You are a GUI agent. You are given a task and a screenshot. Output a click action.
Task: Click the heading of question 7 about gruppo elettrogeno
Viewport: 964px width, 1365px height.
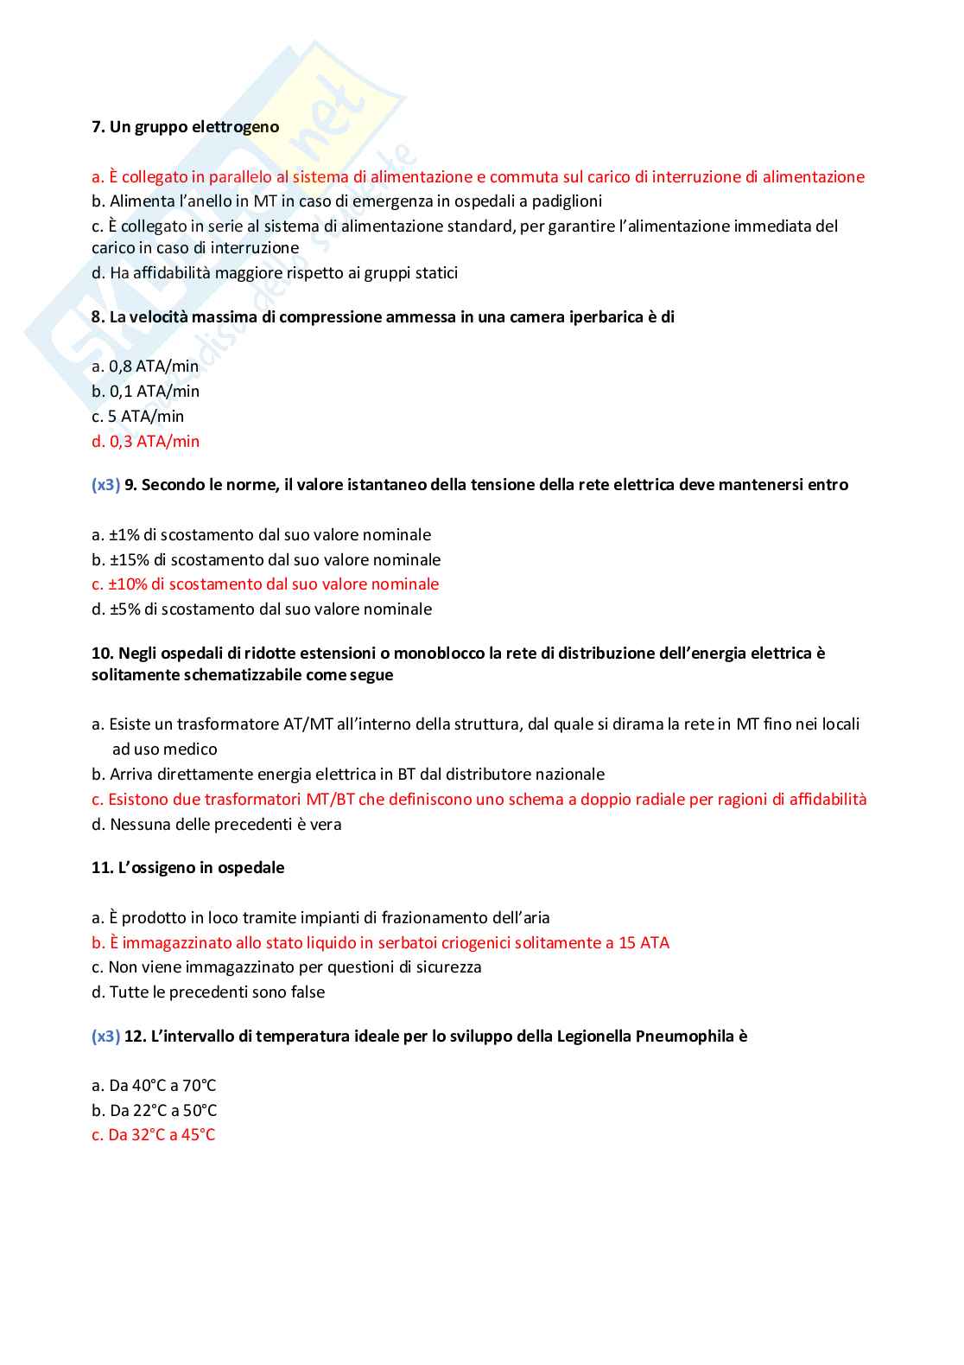[185, 127]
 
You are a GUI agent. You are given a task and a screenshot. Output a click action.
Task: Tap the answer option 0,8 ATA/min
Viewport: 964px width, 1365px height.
[145, 367]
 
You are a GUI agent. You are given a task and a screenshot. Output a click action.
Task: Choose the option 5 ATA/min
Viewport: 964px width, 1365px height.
[137, 417]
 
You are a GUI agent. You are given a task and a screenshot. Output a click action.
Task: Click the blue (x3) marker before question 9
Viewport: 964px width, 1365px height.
[105, 485]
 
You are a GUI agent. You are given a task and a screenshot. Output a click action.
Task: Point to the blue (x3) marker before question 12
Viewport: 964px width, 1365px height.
[105, 1037]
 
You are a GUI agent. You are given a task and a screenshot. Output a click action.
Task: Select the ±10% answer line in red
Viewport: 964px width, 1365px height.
[265, 584]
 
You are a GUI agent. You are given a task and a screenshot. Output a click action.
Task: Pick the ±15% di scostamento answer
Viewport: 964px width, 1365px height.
[266, 560]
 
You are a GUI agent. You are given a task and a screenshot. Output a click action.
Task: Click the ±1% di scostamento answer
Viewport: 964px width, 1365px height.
[261, 535]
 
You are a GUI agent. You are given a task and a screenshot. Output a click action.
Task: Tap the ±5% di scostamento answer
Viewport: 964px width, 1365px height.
[262, 609]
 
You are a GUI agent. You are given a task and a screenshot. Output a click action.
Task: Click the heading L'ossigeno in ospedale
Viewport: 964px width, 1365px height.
[187, 868]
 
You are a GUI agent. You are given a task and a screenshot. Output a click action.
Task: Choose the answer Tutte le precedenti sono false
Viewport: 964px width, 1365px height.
[208, 992]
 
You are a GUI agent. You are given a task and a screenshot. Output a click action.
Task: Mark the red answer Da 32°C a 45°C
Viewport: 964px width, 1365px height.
[153, 1135]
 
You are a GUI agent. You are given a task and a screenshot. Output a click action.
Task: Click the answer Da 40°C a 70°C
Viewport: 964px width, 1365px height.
[154, 1086]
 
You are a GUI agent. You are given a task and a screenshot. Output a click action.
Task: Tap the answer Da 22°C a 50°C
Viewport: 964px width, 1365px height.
[154, 1111]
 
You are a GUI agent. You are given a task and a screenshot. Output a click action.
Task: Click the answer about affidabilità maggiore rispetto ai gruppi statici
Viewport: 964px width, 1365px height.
[275, 273]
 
